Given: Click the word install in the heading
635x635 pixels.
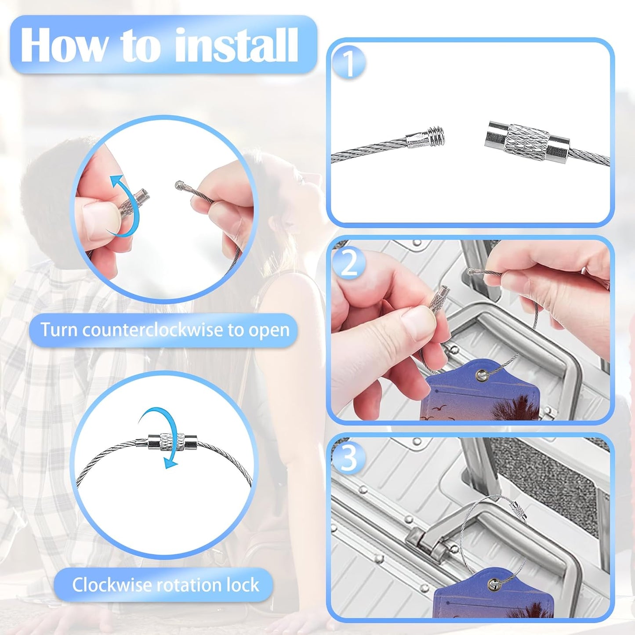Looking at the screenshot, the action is coord(236,45).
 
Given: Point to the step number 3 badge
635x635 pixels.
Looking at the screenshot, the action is coord(348,459).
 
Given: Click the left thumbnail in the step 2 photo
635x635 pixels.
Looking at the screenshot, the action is coord(417,325).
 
